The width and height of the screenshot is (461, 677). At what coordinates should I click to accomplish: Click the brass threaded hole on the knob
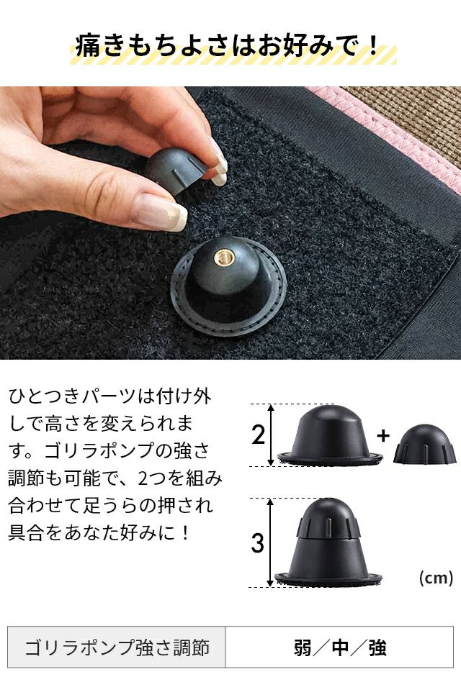[x=223, y=258]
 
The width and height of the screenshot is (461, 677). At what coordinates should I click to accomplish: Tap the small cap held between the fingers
[x=175, y=170]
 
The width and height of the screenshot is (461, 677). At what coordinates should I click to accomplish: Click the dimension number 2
[x=258, y=435]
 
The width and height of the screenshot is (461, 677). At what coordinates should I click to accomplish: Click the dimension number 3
[x=258, y=543]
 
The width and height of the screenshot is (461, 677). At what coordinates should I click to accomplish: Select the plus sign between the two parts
[x=383, y=436]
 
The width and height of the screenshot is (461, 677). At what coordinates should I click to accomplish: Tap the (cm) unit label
[x=436, y=578]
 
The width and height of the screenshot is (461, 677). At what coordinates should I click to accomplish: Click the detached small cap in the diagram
[x=425, y=444]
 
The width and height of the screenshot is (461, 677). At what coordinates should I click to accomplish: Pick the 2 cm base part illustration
[x=329, y=435]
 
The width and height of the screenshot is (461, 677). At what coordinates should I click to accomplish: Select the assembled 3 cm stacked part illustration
[x=328, y=542]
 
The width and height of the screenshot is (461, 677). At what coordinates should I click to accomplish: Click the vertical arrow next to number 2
[x=271, y=435]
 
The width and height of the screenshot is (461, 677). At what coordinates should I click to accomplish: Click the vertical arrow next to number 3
[x=271, y=542]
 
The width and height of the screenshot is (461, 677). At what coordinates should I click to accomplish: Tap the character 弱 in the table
[x=303, y=648]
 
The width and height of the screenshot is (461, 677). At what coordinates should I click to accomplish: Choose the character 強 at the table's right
[x=377, y=648]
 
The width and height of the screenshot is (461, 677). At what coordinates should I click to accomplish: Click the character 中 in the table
[x=340, y=648]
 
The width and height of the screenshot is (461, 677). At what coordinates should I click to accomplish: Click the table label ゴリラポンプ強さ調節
[x=117, y=648]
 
